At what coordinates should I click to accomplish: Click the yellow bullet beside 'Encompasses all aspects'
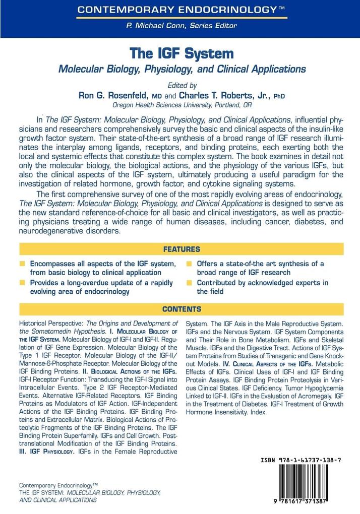[x=22, y=264]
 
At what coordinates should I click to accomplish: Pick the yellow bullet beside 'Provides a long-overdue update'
[x=22, y=283]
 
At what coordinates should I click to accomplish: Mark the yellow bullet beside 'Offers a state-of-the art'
[x=189, y=264]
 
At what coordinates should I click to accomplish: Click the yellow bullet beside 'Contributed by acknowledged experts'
[x=189, y=283]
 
